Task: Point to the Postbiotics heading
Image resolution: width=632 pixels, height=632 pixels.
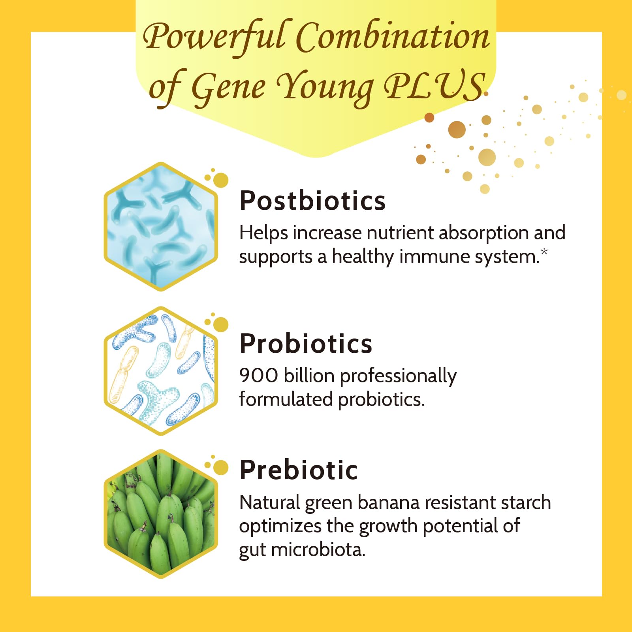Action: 312,201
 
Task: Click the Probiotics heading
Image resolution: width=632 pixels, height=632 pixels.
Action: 306,343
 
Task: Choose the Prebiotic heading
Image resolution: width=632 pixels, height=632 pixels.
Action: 299,470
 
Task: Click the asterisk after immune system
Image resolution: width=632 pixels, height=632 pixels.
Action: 544,252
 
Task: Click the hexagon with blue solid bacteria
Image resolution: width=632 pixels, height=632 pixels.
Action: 161,226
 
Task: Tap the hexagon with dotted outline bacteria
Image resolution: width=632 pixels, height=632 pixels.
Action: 161,371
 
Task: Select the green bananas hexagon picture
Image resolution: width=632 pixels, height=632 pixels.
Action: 161,513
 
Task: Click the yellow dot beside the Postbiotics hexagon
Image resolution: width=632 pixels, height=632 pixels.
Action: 221,180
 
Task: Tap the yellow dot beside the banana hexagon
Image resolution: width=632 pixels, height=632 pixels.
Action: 221,467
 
